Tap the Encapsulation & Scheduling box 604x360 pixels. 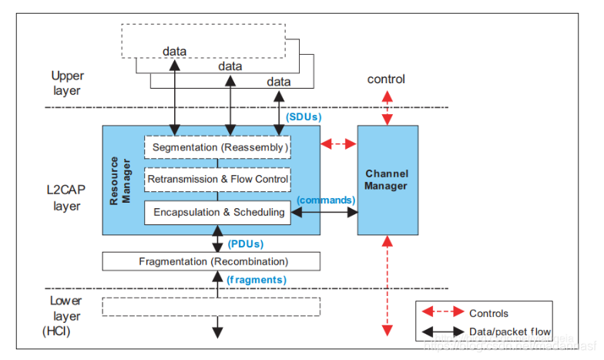218,212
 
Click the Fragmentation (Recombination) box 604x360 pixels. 212,261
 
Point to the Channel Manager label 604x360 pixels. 387,180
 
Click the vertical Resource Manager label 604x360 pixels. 118,180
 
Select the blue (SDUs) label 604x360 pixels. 303,116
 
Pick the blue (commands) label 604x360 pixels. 325,200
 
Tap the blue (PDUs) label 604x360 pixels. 246,244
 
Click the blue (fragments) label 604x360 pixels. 256,279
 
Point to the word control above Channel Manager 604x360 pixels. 386,79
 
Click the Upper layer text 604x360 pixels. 67,83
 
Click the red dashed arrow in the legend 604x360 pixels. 441,313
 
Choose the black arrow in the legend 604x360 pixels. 441,331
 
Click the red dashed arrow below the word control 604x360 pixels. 388,107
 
